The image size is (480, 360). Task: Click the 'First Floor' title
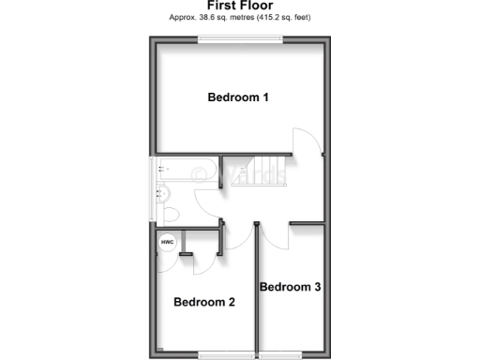click(x=239, y=5)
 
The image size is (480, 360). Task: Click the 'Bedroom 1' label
click(x=238, y=97)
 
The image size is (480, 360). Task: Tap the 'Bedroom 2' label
click(x=203, y=302)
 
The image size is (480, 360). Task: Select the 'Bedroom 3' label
click(x=291, y=287)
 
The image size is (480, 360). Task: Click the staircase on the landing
click(x=258, y=172)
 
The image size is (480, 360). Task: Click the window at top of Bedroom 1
click(x=239, y=38)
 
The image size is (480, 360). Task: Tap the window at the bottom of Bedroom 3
click(x=281, y=353)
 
